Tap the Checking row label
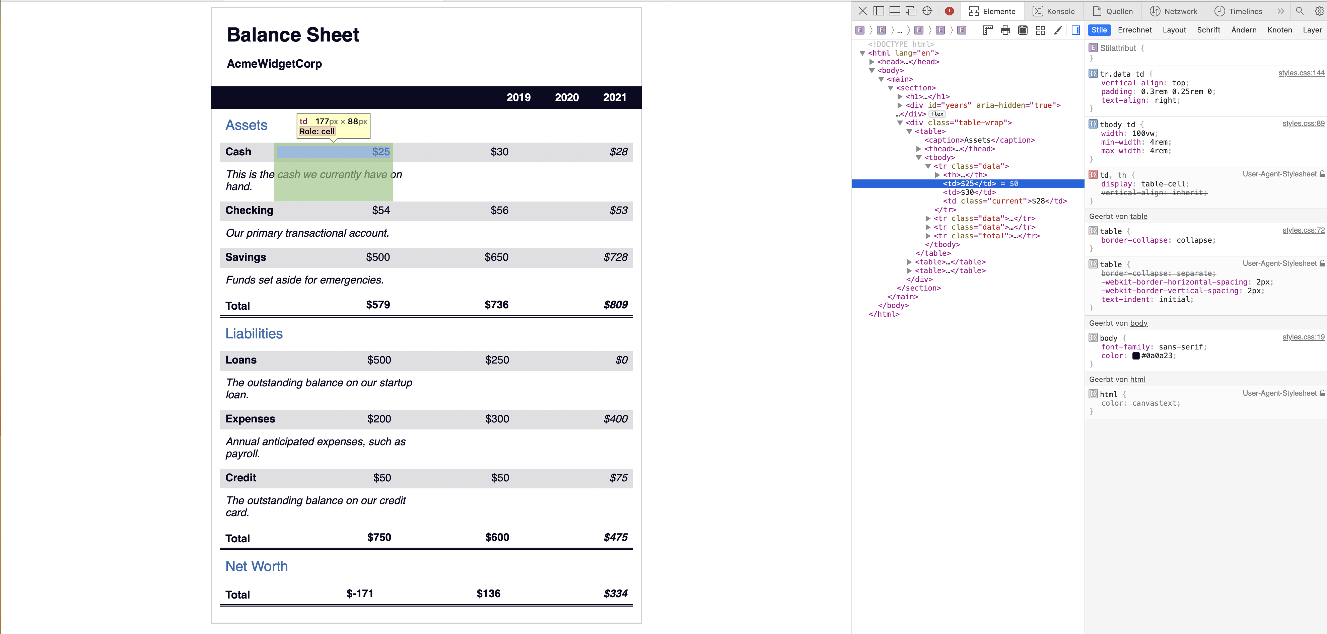coord(249,210)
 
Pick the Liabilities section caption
coord(254,334)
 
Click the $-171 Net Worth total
coord(360,593)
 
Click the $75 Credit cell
coord(618,477)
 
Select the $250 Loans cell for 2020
coord(497,360)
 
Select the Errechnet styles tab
coord(1134,30)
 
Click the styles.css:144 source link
coord(1301,73)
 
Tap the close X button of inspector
coord(862,11)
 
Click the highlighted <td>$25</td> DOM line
coord(969,183)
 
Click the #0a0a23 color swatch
coord(1135,356)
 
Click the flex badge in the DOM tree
coord(937,114)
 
